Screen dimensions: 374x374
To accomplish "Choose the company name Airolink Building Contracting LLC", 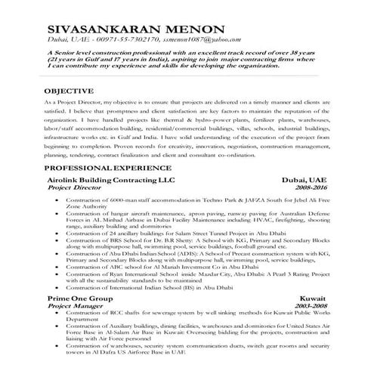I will (x=109, y=180).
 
